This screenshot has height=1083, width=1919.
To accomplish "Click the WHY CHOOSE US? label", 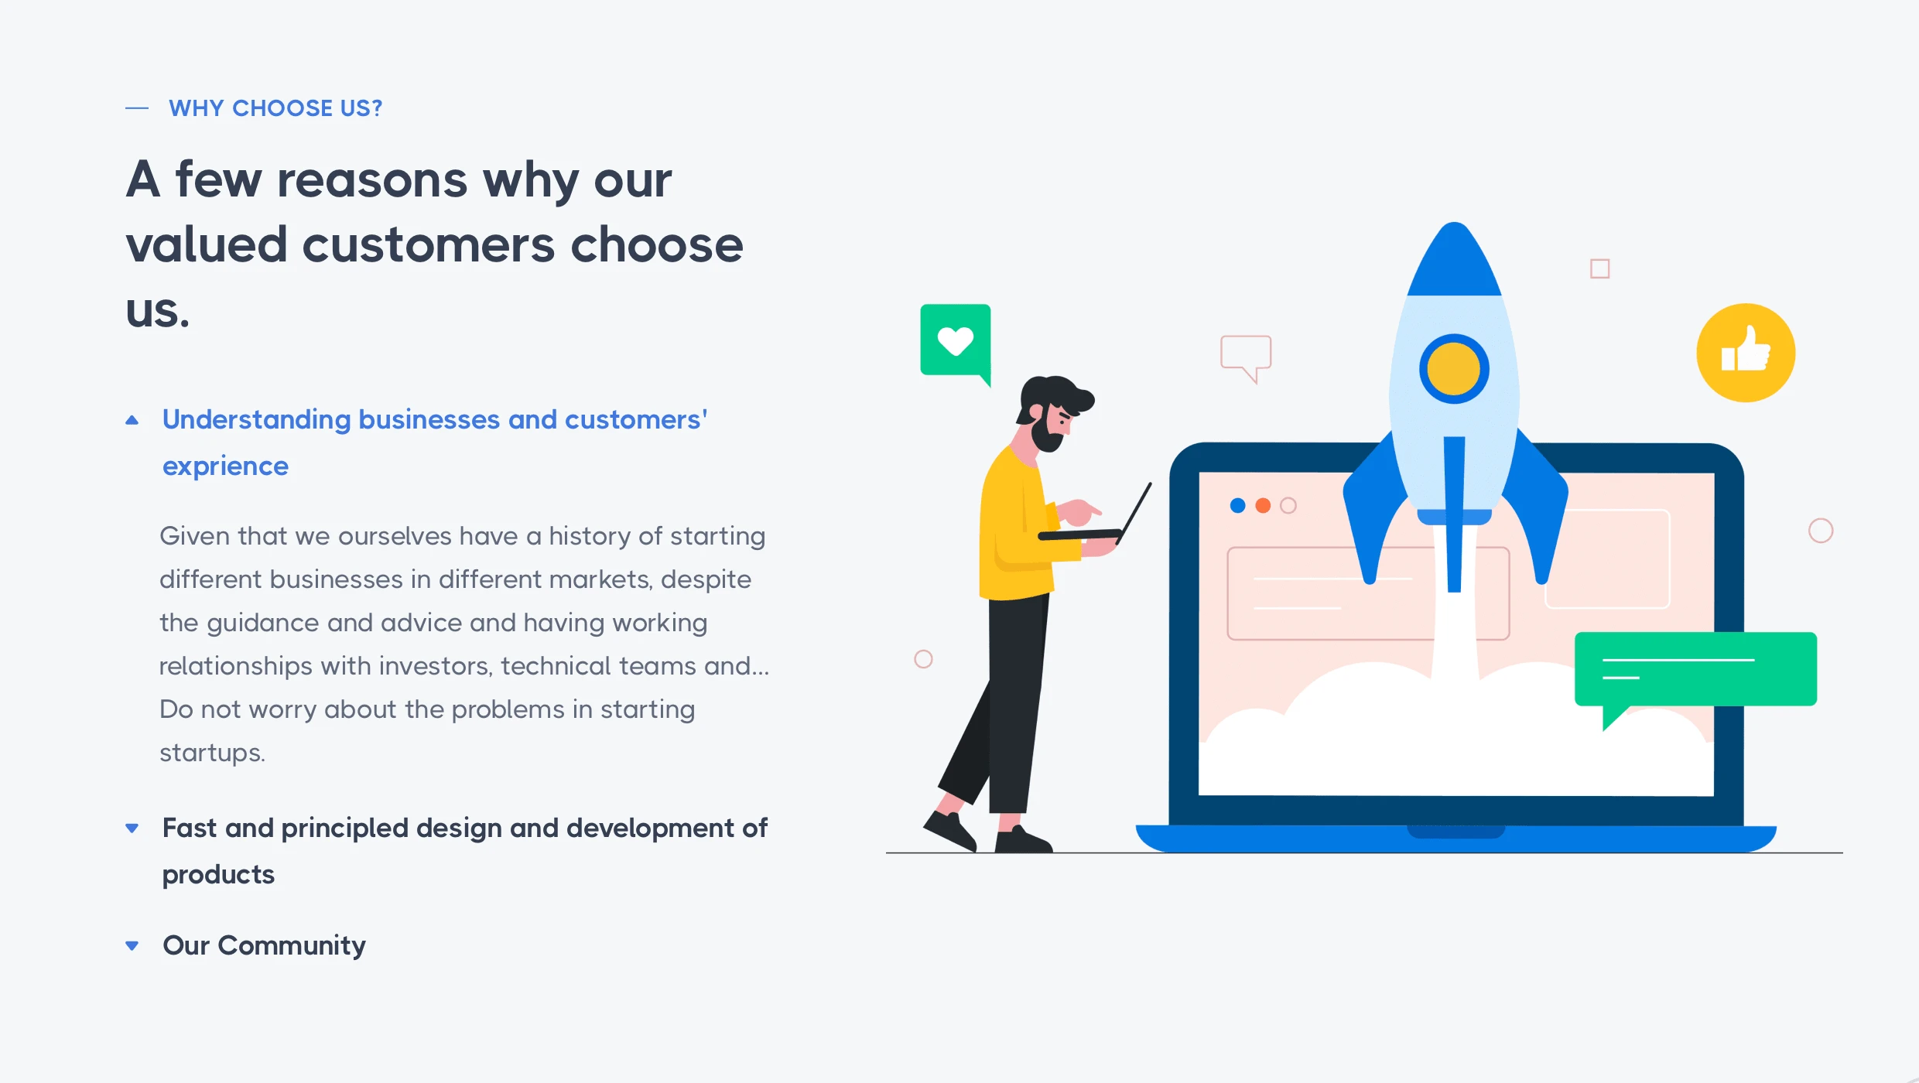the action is point(275,108).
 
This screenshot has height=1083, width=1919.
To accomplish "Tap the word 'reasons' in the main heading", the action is point(372,179).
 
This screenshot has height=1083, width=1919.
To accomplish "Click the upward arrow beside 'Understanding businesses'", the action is point(132,420).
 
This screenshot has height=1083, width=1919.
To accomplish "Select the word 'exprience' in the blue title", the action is point(225,466).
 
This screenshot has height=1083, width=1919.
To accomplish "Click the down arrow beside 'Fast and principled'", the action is point(132,828).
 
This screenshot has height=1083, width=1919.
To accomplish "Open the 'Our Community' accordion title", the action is point(264,945).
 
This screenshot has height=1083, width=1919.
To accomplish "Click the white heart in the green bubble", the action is point(956,340).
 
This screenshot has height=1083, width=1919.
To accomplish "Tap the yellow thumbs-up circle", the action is point(1746,353).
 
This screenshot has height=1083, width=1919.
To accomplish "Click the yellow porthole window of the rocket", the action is point(1454,369).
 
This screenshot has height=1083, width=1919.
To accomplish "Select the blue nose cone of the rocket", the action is point(1455,260).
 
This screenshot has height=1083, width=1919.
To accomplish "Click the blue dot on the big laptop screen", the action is point(1237,506).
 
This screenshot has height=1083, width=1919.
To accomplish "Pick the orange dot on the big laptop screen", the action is point(1263,506).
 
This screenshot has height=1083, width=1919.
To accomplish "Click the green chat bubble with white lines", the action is point(1695,670).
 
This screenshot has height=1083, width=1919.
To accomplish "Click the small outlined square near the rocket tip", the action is point(1599,268).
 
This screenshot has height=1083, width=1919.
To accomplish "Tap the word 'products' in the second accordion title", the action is point(218,875).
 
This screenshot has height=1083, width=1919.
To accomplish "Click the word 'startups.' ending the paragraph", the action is point(212,753).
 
